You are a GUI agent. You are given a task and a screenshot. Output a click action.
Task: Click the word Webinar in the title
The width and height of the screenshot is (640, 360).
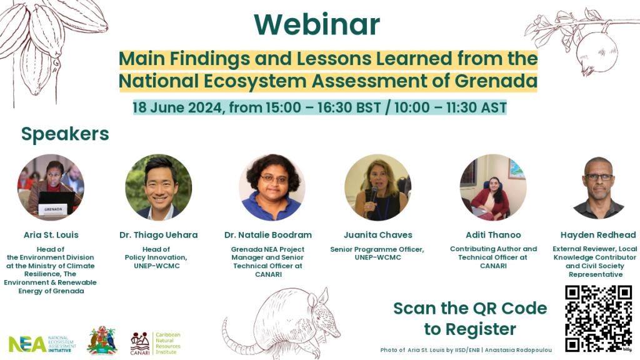coord(317,24)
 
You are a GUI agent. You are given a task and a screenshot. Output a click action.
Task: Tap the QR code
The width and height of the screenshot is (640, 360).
coord(598,318)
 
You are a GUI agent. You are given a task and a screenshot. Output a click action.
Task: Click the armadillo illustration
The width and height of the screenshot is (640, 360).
coord(281,322)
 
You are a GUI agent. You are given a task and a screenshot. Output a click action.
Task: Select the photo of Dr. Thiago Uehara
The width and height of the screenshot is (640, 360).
coord(158,187)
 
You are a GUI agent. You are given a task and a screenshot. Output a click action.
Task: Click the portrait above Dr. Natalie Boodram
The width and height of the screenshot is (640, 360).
coord(272,187)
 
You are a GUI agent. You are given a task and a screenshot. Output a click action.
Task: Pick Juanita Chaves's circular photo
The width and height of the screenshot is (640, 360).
coord(378,187)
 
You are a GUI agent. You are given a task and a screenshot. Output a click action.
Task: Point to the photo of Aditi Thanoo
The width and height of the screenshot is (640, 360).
coord(493,187)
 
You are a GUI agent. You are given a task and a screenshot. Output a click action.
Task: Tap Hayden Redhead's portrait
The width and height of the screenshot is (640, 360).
coord(598,187)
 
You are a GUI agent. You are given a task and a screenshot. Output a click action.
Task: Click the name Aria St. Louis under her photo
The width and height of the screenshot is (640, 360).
coord(51,235)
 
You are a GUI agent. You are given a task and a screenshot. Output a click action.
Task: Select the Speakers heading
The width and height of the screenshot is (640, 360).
coord(65,134)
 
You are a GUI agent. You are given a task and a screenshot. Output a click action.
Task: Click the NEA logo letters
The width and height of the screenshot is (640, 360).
coord(27,344)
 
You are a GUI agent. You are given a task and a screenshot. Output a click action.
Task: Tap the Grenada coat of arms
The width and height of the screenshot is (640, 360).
coord(102,341)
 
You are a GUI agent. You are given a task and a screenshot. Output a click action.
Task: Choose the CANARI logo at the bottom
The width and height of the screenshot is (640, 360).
coord(156,343)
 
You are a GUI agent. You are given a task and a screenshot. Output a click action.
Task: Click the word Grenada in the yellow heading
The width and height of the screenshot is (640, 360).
coord(496,81)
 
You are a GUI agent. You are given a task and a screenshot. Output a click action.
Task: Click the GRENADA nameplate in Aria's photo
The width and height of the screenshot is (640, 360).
coord(53,209)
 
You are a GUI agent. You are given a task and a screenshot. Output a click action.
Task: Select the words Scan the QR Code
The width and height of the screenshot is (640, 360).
coord(470,308)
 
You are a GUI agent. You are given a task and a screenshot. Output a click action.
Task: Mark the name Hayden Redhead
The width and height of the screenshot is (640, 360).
coord(598,235)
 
